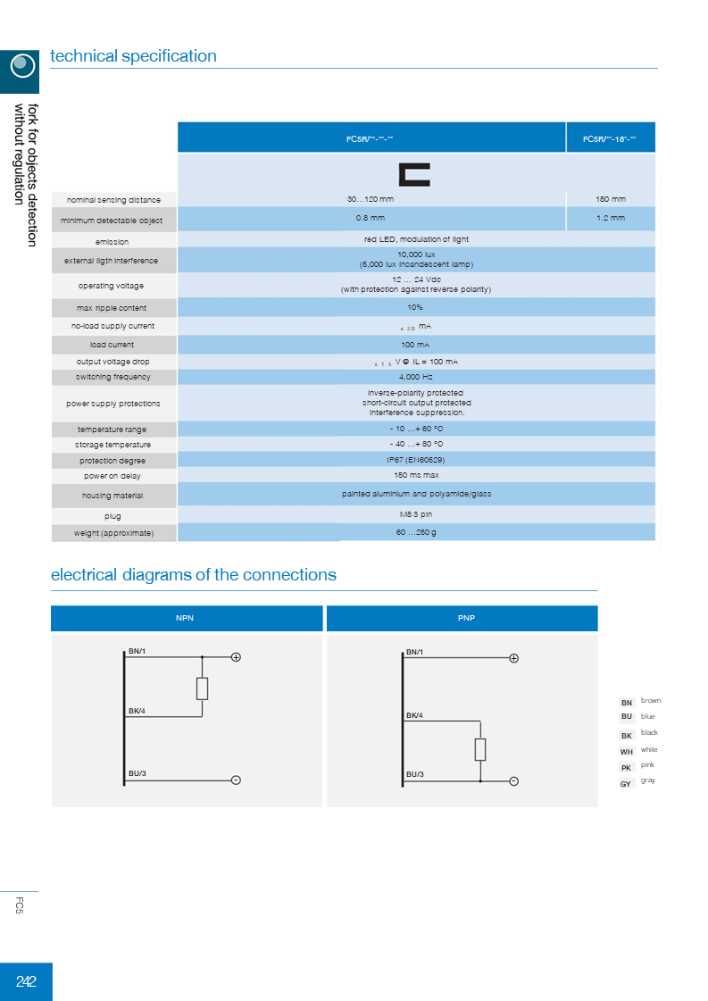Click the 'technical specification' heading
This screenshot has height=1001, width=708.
(133, 56)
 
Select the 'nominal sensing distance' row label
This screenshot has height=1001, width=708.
(113, 200)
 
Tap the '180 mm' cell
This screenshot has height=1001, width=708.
(611, 198)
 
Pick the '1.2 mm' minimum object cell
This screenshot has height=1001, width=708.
(611, 218)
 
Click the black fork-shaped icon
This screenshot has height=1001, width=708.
(415, 174)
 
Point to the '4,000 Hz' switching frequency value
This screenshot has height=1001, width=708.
(415, 377)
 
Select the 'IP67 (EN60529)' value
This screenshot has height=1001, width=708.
(415, 459)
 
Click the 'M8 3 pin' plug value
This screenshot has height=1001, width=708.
(415, 514)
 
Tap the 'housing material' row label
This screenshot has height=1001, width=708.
(112, 496)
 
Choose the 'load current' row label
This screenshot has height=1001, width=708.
(112, 345)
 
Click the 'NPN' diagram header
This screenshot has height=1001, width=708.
(185, 618)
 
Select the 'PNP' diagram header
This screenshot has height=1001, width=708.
(461, 618)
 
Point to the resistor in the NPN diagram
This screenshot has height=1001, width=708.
(203, 688)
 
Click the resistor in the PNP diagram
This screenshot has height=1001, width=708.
(480, 749)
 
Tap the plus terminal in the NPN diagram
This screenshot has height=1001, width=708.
(237, 657)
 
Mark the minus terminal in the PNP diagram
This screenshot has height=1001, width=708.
(514, 781)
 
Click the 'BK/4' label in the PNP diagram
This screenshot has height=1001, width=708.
(414, 715)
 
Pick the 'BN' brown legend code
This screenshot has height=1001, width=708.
(627, 703)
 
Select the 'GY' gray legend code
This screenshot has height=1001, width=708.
(626, 783)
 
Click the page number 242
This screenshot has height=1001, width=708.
(26, 982)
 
